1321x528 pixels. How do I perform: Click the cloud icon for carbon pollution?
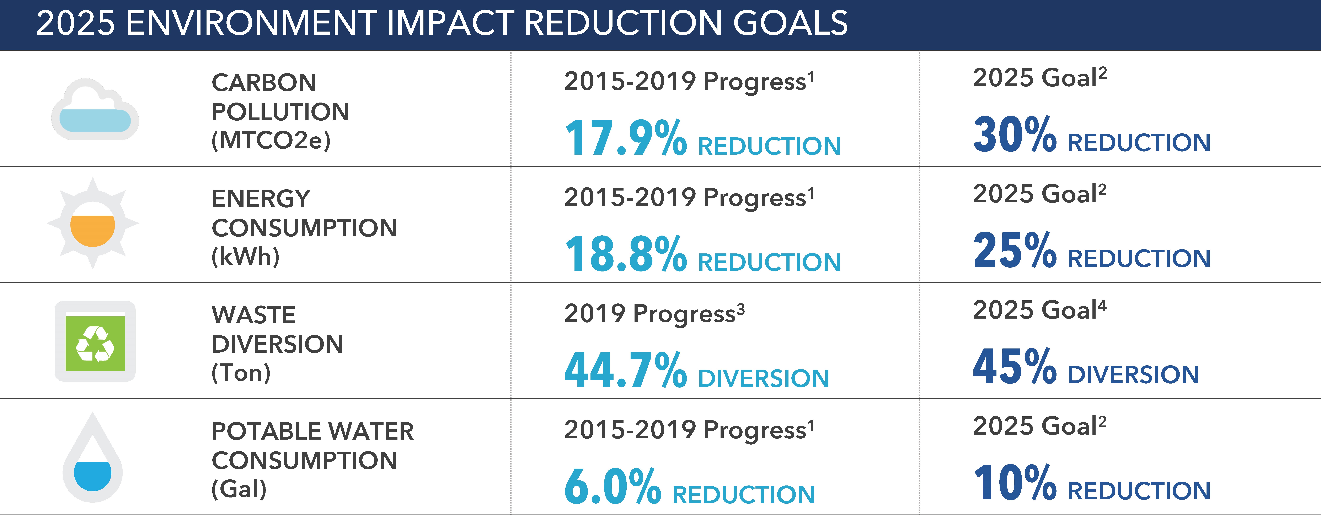[95, 110]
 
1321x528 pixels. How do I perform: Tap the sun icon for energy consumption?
[92, 224]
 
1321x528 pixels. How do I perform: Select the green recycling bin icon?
[95, 341]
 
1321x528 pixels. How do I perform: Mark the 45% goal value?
[1014, 367]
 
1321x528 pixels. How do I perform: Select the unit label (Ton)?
[241, 373]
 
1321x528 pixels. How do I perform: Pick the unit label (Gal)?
[239, 489]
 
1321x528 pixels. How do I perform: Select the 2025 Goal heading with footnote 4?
[1039, 310]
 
